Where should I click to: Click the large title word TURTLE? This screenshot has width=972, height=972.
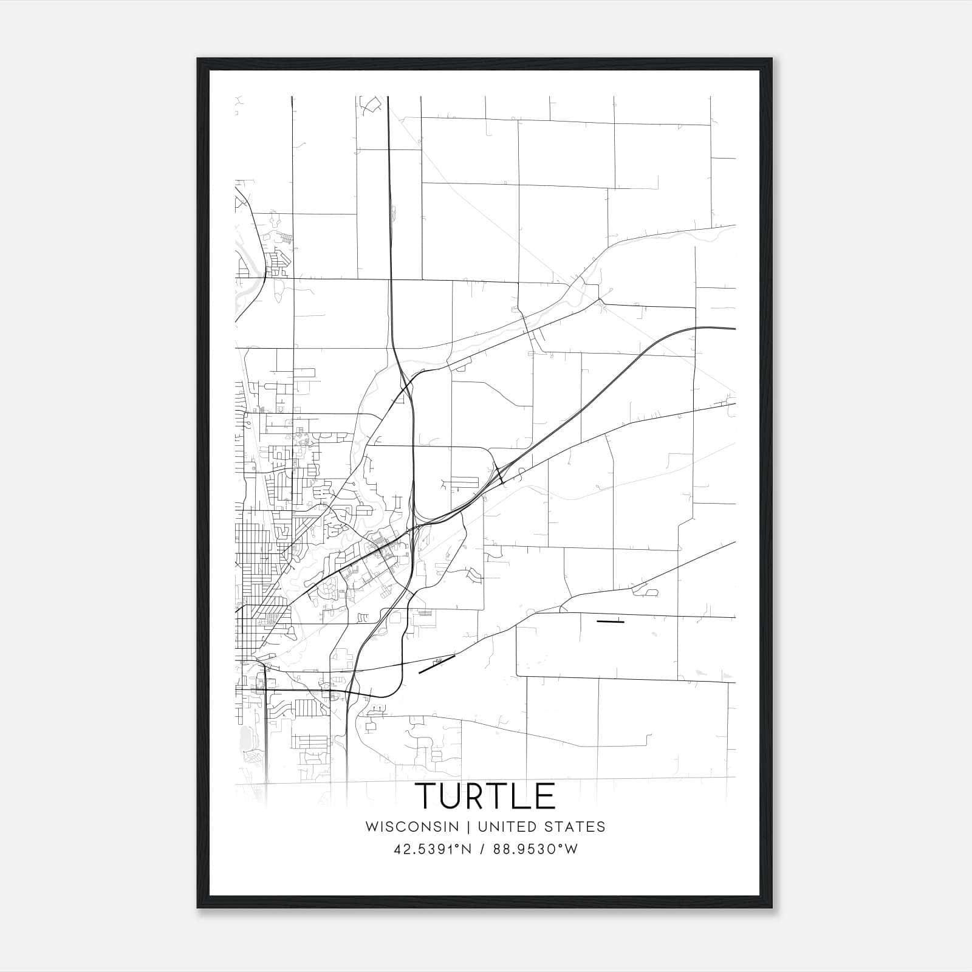coord(485,796)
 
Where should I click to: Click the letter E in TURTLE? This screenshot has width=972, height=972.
coord(544,796)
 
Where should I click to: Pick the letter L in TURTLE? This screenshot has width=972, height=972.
coord(523,796)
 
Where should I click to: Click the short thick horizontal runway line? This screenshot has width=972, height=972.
coord(610,621)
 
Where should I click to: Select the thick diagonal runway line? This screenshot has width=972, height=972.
coord(437,664)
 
